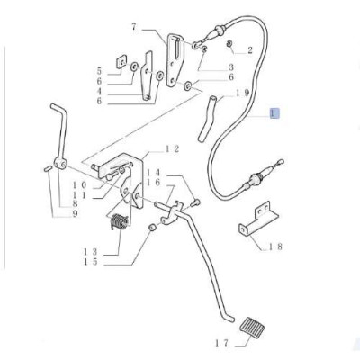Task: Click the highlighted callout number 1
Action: (x=274, y=113)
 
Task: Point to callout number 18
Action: (x=274, y=247)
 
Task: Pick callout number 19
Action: (x=242, y=94)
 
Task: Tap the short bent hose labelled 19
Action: (x=207, y=118)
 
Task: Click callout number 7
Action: (x=134, y=27)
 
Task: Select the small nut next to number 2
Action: (x=229, y=44)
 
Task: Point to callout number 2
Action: (x=250, y=50)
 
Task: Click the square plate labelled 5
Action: (x=121, y=61)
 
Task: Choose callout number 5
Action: (x=99, y=71)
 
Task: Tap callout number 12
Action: (x=172, y=148)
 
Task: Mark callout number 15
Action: (x=91, y=262)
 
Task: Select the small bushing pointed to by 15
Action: (x=152, y=228)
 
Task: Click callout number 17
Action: (x=222, y=343)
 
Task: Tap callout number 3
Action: (x=231, y=67)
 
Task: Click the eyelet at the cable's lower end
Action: (x=281, y=162)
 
